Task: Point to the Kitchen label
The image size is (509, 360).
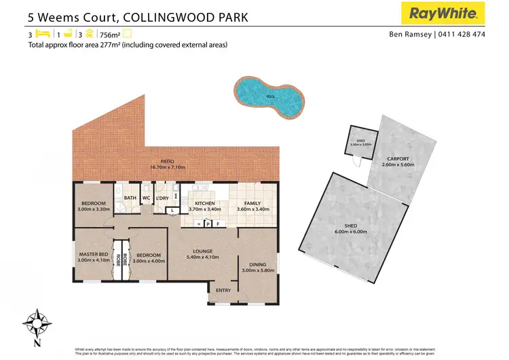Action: pyautogui.click(x=204, y=203)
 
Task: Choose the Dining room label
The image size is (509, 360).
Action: pyautogui.click(x=258, y=265)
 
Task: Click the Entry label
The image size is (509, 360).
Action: pyautogui.click(x=223, y=291)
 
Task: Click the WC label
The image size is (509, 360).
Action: pyautogui.click(x=146, y=198)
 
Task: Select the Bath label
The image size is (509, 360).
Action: pyautogui.click(x=130, y=198)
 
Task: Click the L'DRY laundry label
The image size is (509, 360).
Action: pyautogui.click(x=162, y=198)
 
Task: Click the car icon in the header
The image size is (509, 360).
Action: pyautogui.click(x=88, y=33)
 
